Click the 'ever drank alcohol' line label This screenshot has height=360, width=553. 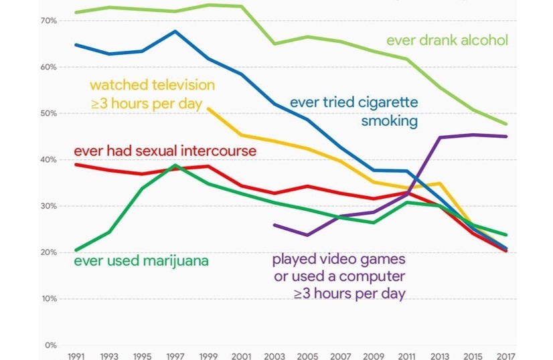[x=447, y=41]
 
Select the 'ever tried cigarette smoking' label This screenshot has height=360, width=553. [x=354, y=112]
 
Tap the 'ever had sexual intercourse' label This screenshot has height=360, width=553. [x=165, y=151]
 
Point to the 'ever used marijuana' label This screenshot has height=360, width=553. [x=141, y=261]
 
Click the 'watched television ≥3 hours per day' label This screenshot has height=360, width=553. [x=152, y=94]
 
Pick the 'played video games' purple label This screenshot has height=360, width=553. [x=339, y=276]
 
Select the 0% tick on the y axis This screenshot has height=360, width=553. [x=51, y=345]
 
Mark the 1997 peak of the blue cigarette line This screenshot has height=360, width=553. [x=175, y=31]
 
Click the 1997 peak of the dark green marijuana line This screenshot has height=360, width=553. [x=175, y=165]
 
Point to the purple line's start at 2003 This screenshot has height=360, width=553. [x=274, y=226]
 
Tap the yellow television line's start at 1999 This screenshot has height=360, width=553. [x=208, y=108]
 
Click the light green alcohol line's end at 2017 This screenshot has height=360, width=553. [x=507, y=124]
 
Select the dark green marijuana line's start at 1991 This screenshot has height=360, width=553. [x=76, y=250]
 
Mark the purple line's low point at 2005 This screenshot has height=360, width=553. [x=307, y=236]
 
